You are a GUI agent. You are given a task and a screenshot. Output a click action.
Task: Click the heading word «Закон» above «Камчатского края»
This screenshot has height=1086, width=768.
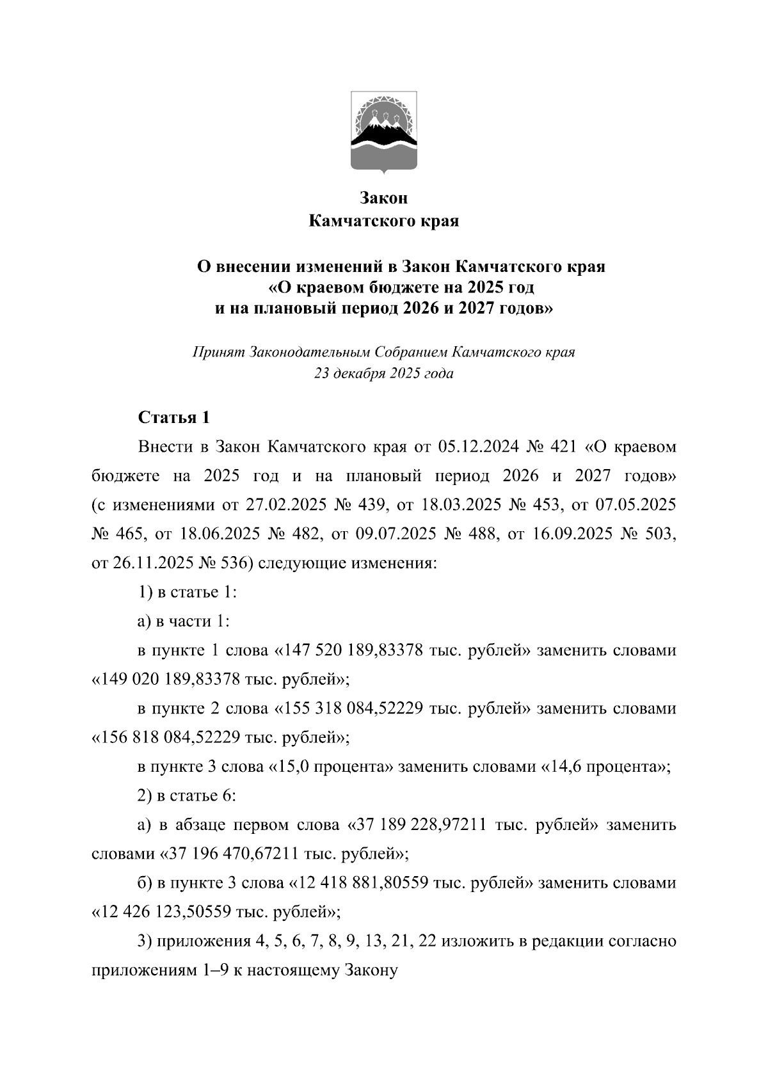383,198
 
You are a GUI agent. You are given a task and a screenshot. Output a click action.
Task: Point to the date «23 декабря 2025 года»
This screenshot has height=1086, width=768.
383,374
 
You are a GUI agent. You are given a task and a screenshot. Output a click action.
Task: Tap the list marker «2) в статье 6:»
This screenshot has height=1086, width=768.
187,795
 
